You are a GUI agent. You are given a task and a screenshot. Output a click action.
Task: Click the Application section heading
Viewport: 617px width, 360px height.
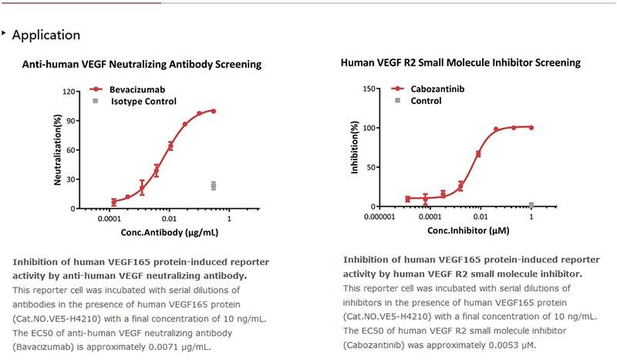pyautogui.click(x=46, y=35)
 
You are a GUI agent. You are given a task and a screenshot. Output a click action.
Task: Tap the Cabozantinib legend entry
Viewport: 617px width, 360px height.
pyautogui.click(x=437, y=89)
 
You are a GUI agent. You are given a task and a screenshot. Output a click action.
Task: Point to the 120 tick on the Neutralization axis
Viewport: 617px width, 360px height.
pyautogui.click(x=68, y=93)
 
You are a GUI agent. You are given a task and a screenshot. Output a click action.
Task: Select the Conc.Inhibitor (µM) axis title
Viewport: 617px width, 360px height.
pyautogui.click(x=458, y=230)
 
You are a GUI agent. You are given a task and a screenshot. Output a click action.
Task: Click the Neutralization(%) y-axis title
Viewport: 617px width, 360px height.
pyautogui.click(x=58, y=150)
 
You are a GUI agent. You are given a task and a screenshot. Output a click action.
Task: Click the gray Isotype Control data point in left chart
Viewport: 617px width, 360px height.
pyautogui.click(x=214, y=186)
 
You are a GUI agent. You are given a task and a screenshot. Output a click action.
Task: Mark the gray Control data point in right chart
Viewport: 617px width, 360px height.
pyautogui.click(x=531, y=205)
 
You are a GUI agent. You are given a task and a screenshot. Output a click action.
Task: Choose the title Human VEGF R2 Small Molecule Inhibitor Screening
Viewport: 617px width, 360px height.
pyautogui.click(x=460, y=62)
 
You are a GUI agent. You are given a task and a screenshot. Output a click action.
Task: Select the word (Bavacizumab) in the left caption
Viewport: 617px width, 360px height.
pyautogui.click(x=39, y=347)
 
